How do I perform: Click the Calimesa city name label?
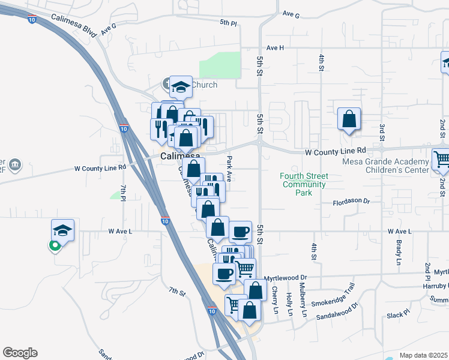[x=179, y=156]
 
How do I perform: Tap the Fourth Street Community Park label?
[x=304, y=180]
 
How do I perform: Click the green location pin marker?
[x=55, y=245]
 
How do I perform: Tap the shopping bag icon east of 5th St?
[x=349, y=119]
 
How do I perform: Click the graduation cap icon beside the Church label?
[x=180, y=87]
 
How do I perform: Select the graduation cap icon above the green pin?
[x=62, y=230]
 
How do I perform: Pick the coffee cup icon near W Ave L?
[x=241, y=231]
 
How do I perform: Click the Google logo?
[x=20, y=353]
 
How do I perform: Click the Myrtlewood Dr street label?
[x=286, y=278]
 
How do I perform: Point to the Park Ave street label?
[x=229, y=164]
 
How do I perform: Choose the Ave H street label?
[x=274, y=47]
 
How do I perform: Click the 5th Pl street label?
[x=228, y=22]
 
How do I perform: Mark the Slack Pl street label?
[x=397, y=314]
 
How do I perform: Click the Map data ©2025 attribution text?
[x=423, y=355]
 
